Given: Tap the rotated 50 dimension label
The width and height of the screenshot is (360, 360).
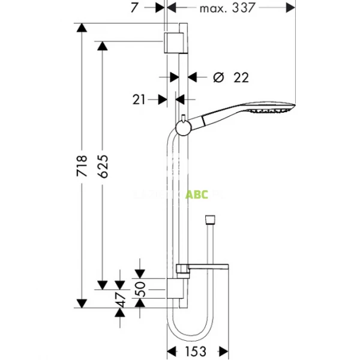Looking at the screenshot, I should (x=142, y=289).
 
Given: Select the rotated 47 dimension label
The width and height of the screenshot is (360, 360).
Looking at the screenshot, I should (x=122, y=300).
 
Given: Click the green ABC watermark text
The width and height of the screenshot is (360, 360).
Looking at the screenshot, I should (x=196, y=194).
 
